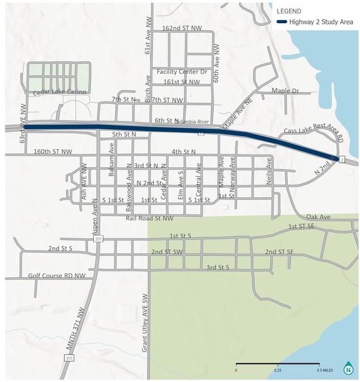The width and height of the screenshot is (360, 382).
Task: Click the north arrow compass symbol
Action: [x=348, y=368]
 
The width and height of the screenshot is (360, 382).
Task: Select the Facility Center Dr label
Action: [x=182, y=72]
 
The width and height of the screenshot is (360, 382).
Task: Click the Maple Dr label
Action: [x=286, y=91]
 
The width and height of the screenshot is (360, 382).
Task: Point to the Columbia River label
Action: [x=195, y=120]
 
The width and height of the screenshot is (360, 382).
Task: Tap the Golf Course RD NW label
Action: [x=57, y=275]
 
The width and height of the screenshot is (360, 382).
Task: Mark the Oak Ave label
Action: [x=318, y=217]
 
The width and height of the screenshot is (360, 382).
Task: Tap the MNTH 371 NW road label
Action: [x=76, y=332]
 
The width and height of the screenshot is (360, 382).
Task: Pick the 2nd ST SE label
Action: [x=280, y=251]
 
